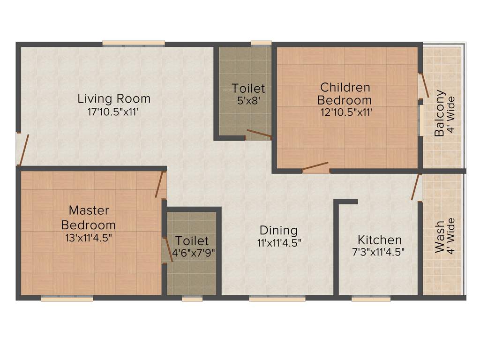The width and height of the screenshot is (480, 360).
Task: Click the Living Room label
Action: point(114,99)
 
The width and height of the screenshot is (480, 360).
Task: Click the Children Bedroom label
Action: point(345,93)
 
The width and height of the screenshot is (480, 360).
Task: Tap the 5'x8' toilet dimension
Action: point(248,100)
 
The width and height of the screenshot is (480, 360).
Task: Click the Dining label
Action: point(278,230)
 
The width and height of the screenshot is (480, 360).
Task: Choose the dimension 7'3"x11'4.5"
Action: point(378,251)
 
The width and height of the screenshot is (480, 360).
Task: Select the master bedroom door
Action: point(160,184)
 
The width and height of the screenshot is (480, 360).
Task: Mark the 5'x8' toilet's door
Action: point(259,134)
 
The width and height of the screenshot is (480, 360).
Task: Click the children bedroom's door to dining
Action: point(315,166)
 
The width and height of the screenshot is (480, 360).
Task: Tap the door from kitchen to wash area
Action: point(416,187)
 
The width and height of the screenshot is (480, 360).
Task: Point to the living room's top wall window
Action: point(134,44)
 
